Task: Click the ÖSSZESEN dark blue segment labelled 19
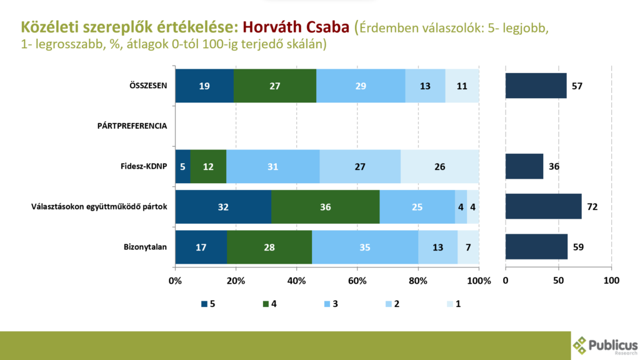pyautogui.click(x=204, y=85)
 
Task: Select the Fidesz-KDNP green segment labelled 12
pyautogui.click(x=208, y=166)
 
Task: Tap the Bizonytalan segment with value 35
pyautogui.click(x=365, y=247)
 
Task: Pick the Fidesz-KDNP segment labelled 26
pyautogui.click(x=440, y=166)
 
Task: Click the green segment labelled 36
pyautogui.click(x=325, y=206)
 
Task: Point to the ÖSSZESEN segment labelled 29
pyautogui.click(x=361, y=85)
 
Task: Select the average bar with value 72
pyautogui.click(x=543, y=206)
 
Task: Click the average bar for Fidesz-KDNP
pyautogui.click(x=524, y=166)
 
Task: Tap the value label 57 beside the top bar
pyautogui.click(x=577, y=85)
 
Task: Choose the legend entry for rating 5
pyautogui.click(x=207, y=304)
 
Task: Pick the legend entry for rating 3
pyautogui.click(x=331, y=304)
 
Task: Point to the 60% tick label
pyautogui.click(x=357, y=281)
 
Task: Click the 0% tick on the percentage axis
pyautogui.click(x=176, y=281)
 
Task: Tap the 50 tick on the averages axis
pyautogui.click(x=558, y=281)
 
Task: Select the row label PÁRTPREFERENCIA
pyautogui.click(x=132, y=126)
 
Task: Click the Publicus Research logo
pyautogui.click(x=605, y=345)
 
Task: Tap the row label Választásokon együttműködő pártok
pyautogui.click(x=99, y=206)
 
